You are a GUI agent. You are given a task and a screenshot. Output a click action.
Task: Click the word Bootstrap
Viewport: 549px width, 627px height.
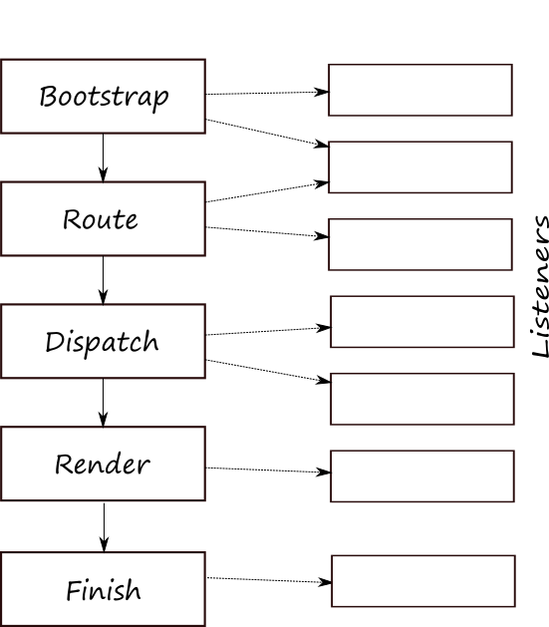(104, 97)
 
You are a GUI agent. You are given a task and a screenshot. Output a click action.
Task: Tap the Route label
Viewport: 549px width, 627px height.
(101, 219)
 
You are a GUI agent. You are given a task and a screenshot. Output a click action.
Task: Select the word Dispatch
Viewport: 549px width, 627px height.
(103, 342)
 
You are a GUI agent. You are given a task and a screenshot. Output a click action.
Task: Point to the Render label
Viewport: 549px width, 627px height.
(103, 465)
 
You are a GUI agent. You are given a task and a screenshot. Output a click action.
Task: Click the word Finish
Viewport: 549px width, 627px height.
(104, 590)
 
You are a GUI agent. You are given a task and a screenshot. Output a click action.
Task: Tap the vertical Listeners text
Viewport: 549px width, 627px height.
(541, 286)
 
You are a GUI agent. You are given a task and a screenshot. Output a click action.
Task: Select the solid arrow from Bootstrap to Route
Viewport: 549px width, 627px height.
(103, 157)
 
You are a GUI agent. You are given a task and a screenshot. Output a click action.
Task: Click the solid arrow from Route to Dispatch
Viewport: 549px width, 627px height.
(103, 280)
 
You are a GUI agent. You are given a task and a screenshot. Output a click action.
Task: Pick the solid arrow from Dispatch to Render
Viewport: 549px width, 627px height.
(103, 403)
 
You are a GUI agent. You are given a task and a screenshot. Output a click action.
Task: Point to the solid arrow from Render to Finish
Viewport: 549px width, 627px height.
(105, 527)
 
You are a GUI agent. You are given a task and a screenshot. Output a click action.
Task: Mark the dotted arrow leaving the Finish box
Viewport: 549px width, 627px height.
(269, 580)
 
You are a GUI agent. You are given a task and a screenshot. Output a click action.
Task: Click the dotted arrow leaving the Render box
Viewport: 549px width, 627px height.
(268, 470)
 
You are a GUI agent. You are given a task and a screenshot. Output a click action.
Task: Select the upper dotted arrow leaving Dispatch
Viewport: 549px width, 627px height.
(268, 331)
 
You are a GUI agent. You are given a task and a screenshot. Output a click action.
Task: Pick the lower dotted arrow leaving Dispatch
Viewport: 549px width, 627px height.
(268, 371)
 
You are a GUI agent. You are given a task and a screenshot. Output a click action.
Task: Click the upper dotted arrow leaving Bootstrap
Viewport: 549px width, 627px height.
(267, 93)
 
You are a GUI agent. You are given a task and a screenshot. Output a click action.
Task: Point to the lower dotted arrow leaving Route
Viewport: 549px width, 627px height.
(267, 232)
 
